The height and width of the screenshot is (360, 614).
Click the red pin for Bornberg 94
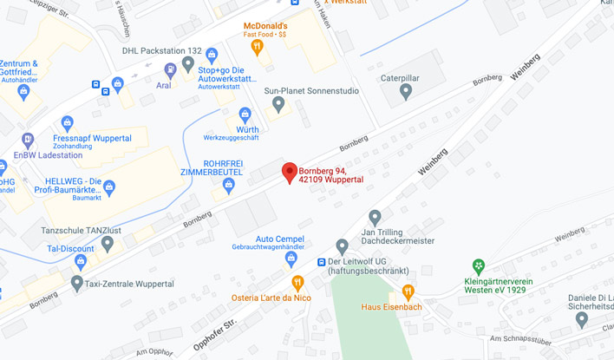click(290, 172)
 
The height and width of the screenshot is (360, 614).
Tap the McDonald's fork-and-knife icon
click(257, 45)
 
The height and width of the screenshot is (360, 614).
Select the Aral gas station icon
click(170, 69)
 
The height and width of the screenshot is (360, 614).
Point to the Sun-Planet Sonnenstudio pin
click(278, 104)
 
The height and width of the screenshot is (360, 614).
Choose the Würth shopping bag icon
click(245, 115)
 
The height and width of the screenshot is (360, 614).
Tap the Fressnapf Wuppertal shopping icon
click(68, 123)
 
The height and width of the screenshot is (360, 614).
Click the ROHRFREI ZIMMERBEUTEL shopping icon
click(229, 185)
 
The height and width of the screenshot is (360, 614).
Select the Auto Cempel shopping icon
click(291, 259)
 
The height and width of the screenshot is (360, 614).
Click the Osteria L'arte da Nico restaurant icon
click(298, 282)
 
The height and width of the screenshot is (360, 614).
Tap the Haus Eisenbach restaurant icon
click(408, 291)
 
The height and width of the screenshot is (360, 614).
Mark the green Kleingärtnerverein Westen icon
click(478, 266)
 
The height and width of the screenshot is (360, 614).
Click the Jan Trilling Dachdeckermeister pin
click(375, 217)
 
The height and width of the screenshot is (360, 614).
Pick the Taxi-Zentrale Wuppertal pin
click(77, 283)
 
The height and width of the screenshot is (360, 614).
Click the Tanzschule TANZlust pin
click(107, 243)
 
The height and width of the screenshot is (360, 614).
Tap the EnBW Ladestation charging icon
click(28, 140)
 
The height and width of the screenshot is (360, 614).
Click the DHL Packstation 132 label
click(163, 51)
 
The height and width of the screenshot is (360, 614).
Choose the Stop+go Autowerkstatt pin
click(187, 63)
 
